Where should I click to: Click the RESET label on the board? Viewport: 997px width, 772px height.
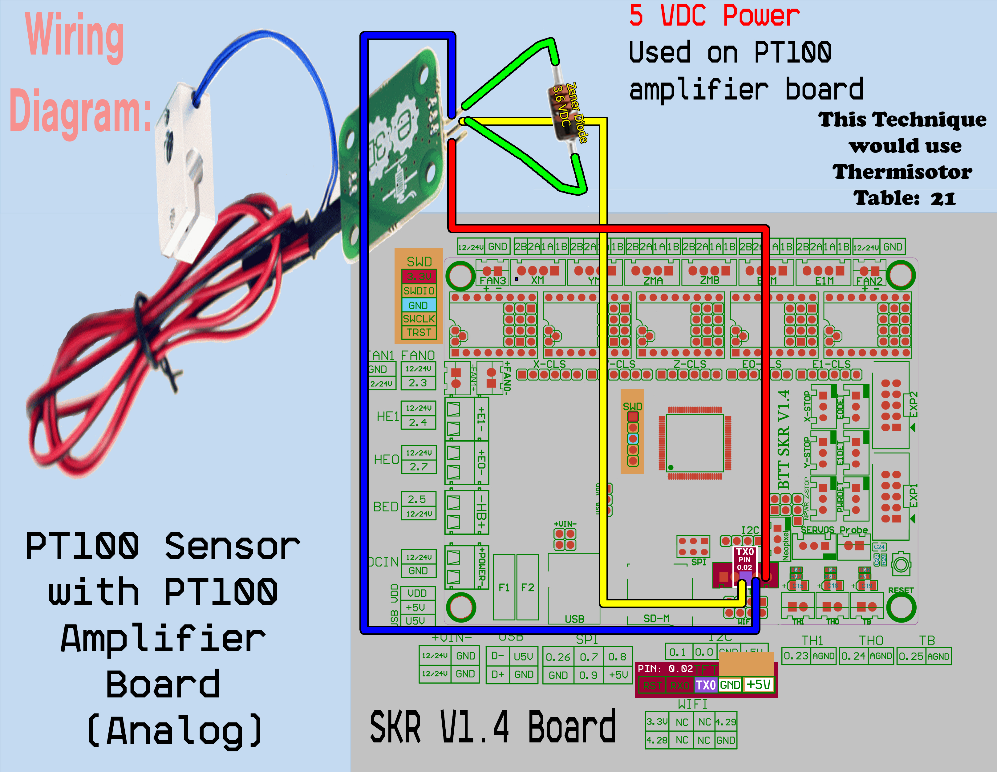point(900,590)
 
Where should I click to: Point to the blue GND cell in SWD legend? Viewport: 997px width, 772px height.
point(418,305)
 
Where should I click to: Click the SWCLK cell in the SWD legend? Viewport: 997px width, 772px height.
point(419,319)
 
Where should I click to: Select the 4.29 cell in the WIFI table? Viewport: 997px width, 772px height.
point(725,722)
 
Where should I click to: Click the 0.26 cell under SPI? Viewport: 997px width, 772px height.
point(558,657)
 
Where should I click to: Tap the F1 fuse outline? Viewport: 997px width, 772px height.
point(504,587)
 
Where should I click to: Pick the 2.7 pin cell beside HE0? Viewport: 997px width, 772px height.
point(418,467)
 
